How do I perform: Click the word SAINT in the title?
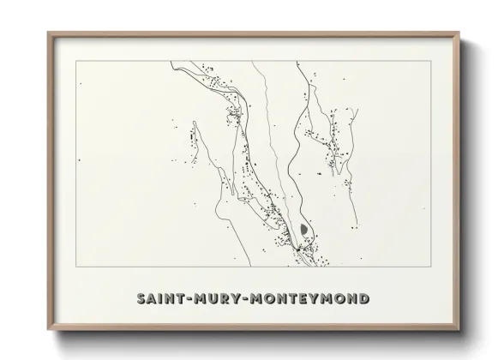162,299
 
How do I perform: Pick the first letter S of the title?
141,299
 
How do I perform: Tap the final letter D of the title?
365,299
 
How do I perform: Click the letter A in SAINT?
153,299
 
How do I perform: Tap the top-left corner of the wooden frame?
48,33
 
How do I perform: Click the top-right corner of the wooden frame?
460,33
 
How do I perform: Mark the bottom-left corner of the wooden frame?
48,330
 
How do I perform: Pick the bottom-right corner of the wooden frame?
460,330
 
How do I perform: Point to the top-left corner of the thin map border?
76,61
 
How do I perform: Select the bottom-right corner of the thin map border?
431,267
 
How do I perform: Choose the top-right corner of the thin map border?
431,61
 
